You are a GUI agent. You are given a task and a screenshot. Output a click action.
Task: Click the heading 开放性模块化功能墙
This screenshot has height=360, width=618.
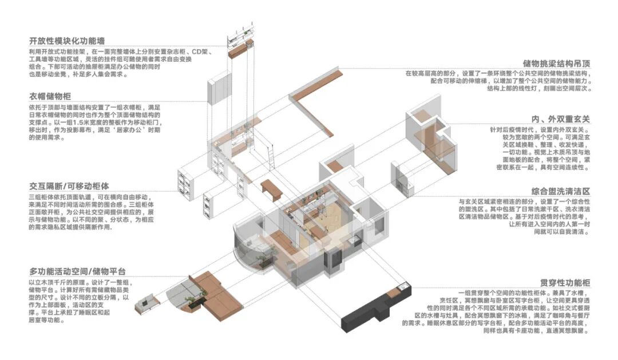[76, 41]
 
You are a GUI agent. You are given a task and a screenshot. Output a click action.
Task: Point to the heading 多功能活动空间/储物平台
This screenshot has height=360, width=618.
[77, 271]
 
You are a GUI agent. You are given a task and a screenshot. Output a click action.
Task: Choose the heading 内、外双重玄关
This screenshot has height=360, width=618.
[561, 119]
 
